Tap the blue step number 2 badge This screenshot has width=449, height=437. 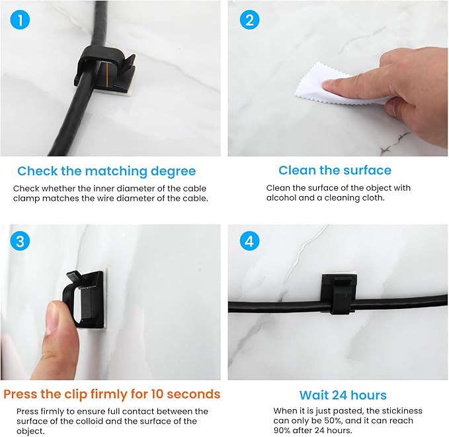[x=249, y=20]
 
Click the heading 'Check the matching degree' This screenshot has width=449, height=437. [x=106, y=172]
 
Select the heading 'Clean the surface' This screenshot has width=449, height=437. [x=335, y=170]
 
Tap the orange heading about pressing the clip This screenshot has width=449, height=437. [x=112, y=394]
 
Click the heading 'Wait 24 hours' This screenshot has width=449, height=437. [x=343, y=395]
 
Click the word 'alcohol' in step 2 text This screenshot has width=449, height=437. [x=282, y=199]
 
